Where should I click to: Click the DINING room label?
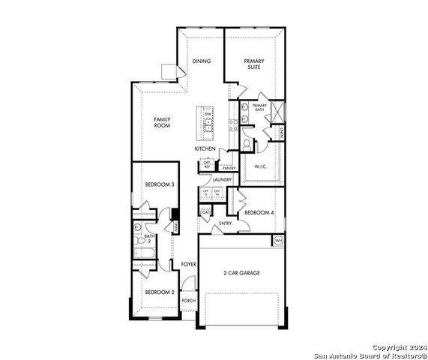click(201, 61)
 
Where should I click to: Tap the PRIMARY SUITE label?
click(255, 64)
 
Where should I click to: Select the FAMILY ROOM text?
click(162, 122)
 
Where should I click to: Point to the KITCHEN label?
click(205, 149)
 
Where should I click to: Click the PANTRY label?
click(229, 168)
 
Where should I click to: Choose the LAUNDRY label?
click(221, 180)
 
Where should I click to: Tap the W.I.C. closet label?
click(262, 166)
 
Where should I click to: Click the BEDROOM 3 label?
click(160, 184)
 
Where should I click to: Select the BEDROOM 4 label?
click(259, 212)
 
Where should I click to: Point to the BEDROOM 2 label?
click(159, 292)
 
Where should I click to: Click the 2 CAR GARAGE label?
click(241, 272)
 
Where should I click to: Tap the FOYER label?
click(188, 265)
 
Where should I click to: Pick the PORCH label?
click(188, 300)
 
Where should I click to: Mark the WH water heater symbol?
click(278, 240)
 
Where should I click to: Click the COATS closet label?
click(205, 212)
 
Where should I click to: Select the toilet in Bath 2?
click(138, 227)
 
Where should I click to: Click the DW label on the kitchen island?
click(208, 114)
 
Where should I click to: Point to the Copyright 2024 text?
click(398, 348)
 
